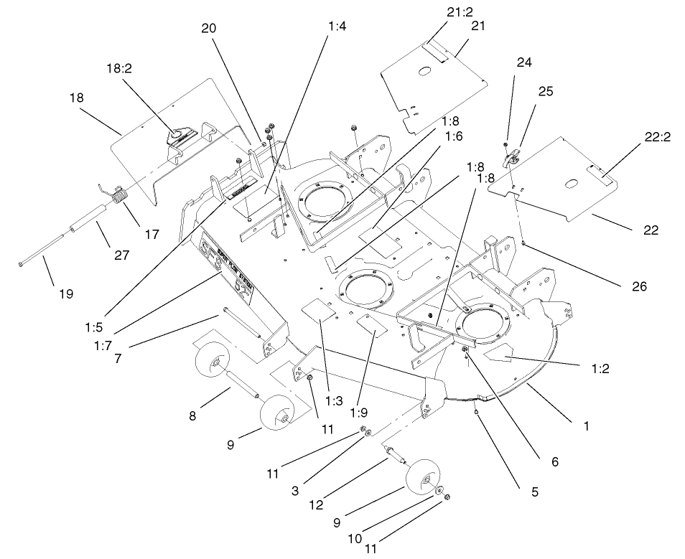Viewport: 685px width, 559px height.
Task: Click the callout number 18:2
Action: [120, 69]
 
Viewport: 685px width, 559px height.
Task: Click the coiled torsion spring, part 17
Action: [121, 195]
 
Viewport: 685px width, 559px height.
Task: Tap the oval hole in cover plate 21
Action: [424, 71]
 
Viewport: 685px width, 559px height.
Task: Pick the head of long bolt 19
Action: [21, 264]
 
